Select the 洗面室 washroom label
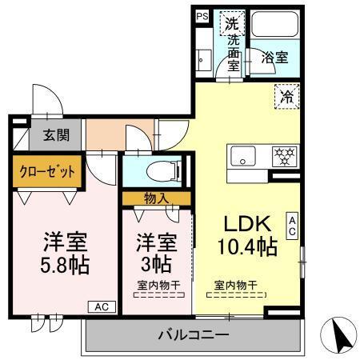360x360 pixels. click(x=233, y=54)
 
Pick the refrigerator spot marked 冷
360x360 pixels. click(x=286, y=96)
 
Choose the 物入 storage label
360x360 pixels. click(x=157, y=197)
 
